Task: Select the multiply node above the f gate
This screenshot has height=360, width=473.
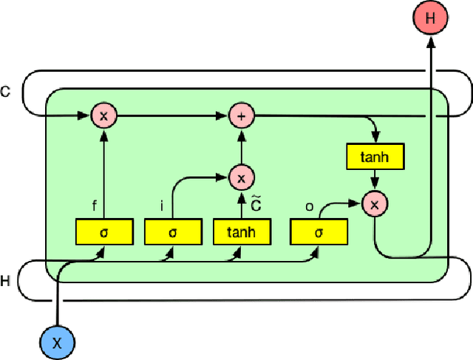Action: pos(103,115)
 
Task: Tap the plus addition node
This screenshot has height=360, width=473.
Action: pos(240,115)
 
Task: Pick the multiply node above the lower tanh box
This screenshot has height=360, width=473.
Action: pos(240,177)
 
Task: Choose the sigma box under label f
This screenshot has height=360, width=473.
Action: pos(103,232)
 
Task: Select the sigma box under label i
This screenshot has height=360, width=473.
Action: pos(173,232)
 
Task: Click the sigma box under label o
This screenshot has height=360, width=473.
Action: pos(318,232)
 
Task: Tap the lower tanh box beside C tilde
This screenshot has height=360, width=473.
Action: pos(242,232)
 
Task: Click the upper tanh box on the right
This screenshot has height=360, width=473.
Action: pos(375,157)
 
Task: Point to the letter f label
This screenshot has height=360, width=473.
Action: pos(94,207)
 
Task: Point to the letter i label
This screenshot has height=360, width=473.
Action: pos(163,207)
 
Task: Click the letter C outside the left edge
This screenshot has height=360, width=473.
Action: pos(6,92)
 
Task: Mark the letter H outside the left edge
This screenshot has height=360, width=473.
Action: pos(6,281)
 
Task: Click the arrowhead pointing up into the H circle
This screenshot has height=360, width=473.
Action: pos(430,41)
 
